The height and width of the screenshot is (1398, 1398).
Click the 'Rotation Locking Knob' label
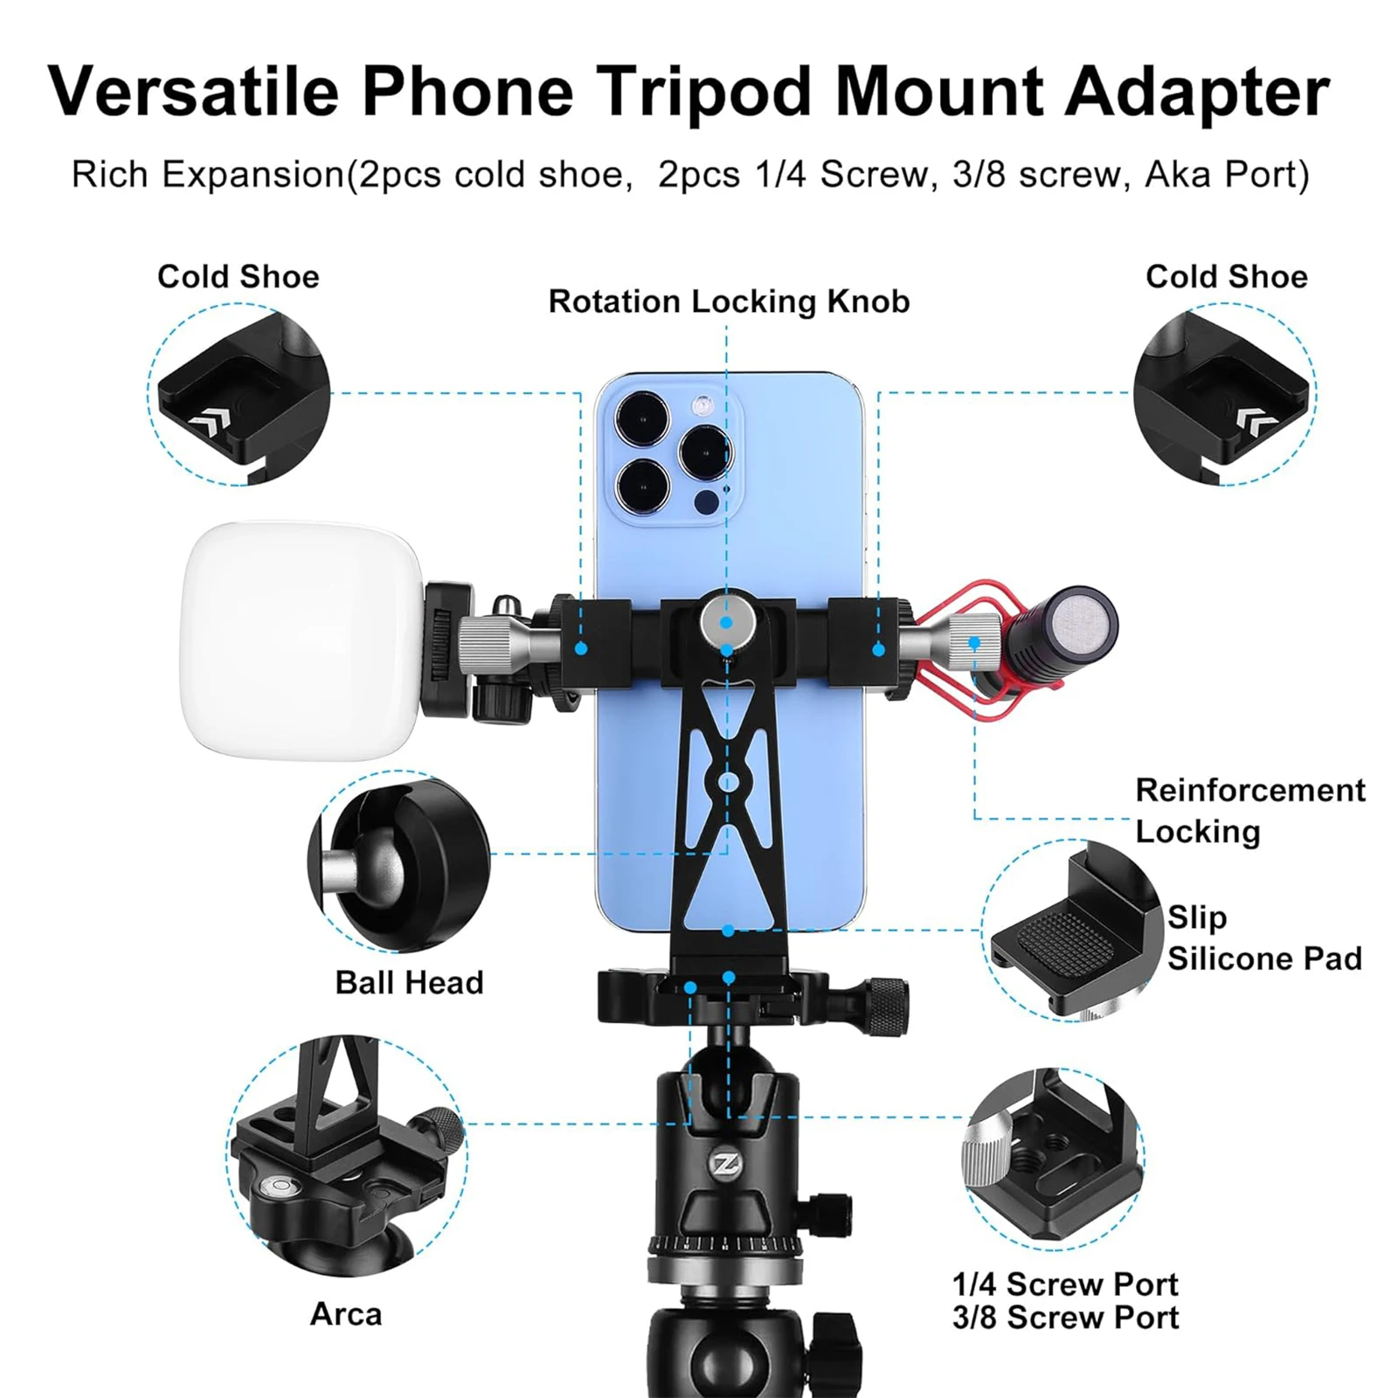point(729,302)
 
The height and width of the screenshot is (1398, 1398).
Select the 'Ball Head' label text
point(409,983)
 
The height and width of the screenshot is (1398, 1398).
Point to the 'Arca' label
point(346,1314)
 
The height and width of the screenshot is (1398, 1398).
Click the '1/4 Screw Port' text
point(1065,1284)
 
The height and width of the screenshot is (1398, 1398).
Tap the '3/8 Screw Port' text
point(1065,1318)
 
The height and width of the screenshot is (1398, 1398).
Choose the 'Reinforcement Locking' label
point(1249,811)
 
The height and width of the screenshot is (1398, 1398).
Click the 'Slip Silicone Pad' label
point(1264,938)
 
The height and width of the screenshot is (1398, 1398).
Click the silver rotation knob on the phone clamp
point(724,621)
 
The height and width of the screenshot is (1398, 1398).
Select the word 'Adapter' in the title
point(1197,93)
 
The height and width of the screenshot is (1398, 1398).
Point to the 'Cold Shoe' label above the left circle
point(238,277)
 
